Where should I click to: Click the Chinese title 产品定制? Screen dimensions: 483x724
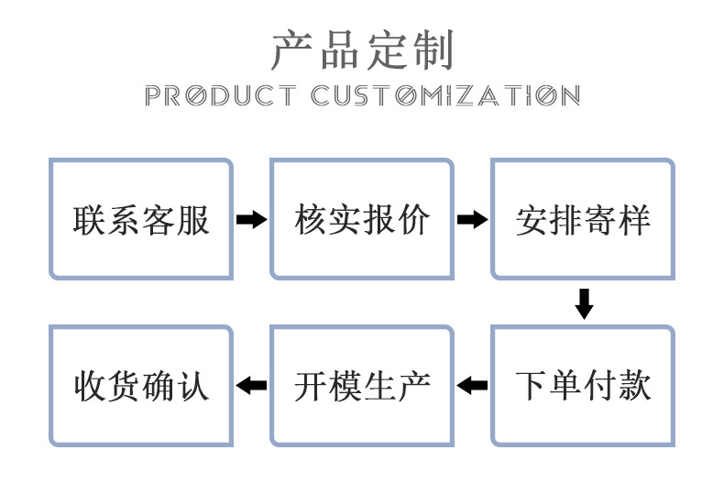click(362, 50)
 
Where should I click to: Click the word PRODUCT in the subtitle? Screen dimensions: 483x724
click(220, 95)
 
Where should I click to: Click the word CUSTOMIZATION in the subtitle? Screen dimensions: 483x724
click(444, 95)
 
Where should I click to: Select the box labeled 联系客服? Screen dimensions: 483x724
click(141, 219)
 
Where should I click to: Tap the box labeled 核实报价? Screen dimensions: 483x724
click(362, 219)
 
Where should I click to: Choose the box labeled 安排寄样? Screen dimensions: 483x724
click(583, 219)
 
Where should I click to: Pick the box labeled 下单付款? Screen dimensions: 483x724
click(583, 385)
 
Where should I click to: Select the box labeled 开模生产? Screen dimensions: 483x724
click(362, 385)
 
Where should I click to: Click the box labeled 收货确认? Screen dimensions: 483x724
click(141, 385)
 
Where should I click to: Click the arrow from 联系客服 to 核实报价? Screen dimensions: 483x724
click(251, 220)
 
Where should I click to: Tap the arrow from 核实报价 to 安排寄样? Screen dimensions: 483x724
click(472, 220)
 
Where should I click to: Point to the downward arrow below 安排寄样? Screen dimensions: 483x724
click(583, 303)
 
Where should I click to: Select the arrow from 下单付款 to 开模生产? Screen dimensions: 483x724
click(472, 385)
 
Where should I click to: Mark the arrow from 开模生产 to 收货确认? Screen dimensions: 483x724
click(251, 385)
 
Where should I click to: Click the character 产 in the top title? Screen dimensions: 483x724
click(291, 50)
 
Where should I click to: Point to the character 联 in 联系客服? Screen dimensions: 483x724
click(90, 220)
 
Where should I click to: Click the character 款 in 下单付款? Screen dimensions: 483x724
click(634, 386)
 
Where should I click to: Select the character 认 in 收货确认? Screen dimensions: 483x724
click(193, 386)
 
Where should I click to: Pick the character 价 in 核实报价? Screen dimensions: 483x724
click(413, 220)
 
